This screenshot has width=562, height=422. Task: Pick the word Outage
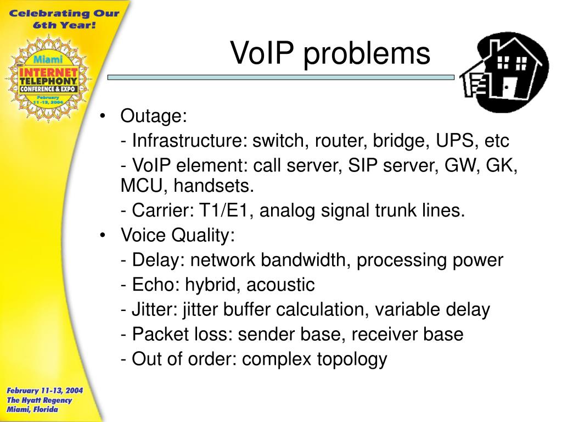(x=154, y=116)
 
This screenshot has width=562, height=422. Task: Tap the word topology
(x=352, y=359)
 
